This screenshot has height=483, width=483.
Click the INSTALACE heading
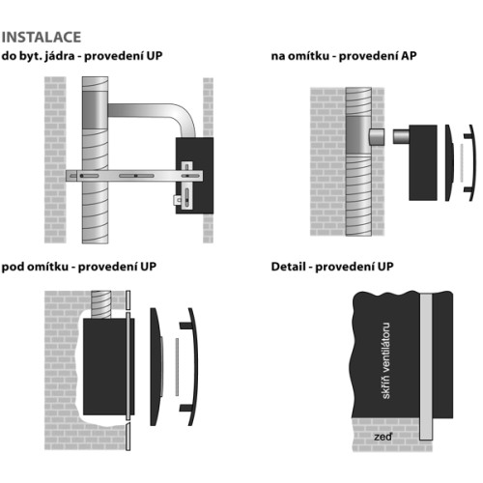[42, 37]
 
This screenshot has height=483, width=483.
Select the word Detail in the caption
[288, 267]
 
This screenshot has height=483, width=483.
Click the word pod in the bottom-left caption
[13, 268]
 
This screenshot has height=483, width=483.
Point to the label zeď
[383, 437]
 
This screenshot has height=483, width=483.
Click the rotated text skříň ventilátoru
[385, 360]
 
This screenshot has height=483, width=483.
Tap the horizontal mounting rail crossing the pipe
[134, 176]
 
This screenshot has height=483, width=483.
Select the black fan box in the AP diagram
[423, 163]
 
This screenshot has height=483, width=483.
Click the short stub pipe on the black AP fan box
[401, 136]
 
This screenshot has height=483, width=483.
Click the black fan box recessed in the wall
[106, 367]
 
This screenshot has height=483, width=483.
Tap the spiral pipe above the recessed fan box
[101, 304]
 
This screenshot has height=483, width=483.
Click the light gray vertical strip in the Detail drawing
[426, 366]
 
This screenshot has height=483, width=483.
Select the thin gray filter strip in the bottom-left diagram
[177, 367]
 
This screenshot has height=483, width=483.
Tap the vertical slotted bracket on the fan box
[186, 185]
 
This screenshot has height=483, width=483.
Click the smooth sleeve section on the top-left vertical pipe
[95, 110]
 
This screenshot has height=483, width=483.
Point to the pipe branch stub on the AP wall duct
[377, 136]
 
